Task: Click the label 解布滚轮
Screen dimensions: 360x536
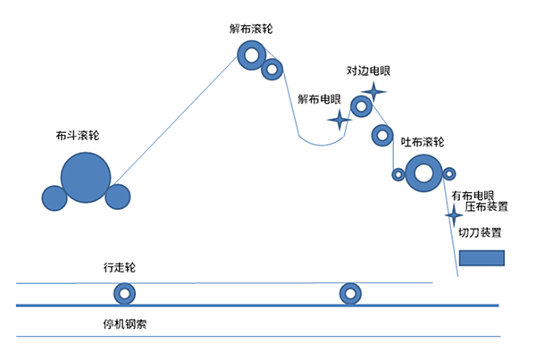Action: click(x=251, y=29)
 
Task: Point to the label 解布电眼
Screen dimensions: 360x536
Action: click(x=320, y=100)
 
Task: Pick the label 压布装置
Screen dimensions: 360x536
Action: click(x=487, y=207)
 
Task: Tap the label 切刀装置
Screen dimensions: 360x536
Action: click(x=479, y=233)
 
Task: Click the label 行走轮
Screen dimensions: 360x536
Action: click(x=120, y=268)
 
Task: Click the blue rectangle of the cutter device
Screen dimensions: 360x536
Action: click(x=482, y=258)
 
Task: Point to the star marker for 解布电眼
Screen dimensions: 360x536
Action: click(x=339, y=119)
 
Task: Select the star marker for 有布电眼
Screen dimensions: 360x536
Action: click(x=454, y=216)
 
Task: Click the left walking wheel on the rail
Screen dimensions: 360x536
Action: click(x=124, y=293)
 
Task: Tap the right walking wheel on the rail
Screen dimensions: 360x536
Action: click(x=348, y=293)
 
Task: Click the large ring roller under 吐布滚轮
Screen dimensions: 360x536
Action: click(x=423, y=173)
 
